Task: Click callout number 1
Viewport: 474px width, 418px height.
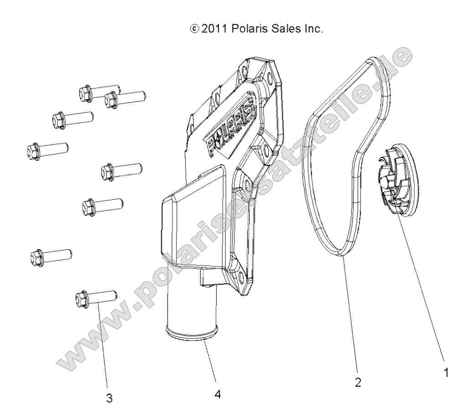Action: (x=447, y=373)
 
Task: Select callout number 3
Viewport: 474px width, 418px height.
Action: (x=109, y=398)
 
